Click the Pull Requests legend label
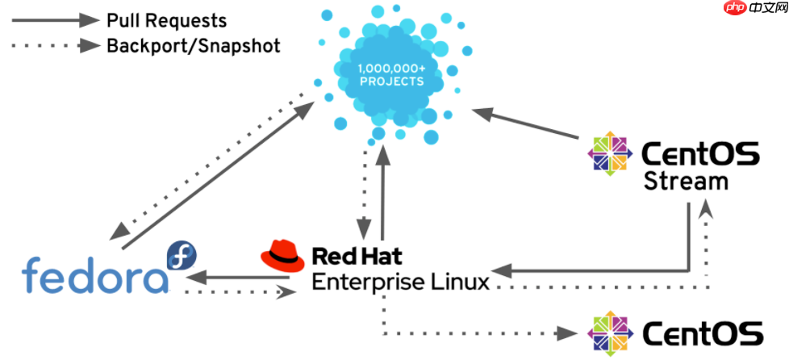[x=167, y=19]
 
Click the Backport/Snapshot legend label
[x=194, y=45]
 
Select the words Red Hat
[x=357, y=257]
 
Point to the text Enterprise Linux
[x=400, y=283]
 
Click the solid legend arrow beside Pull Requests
[x=53, y=19]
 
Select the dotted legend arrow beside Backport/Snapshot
[x=53, y=45]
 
